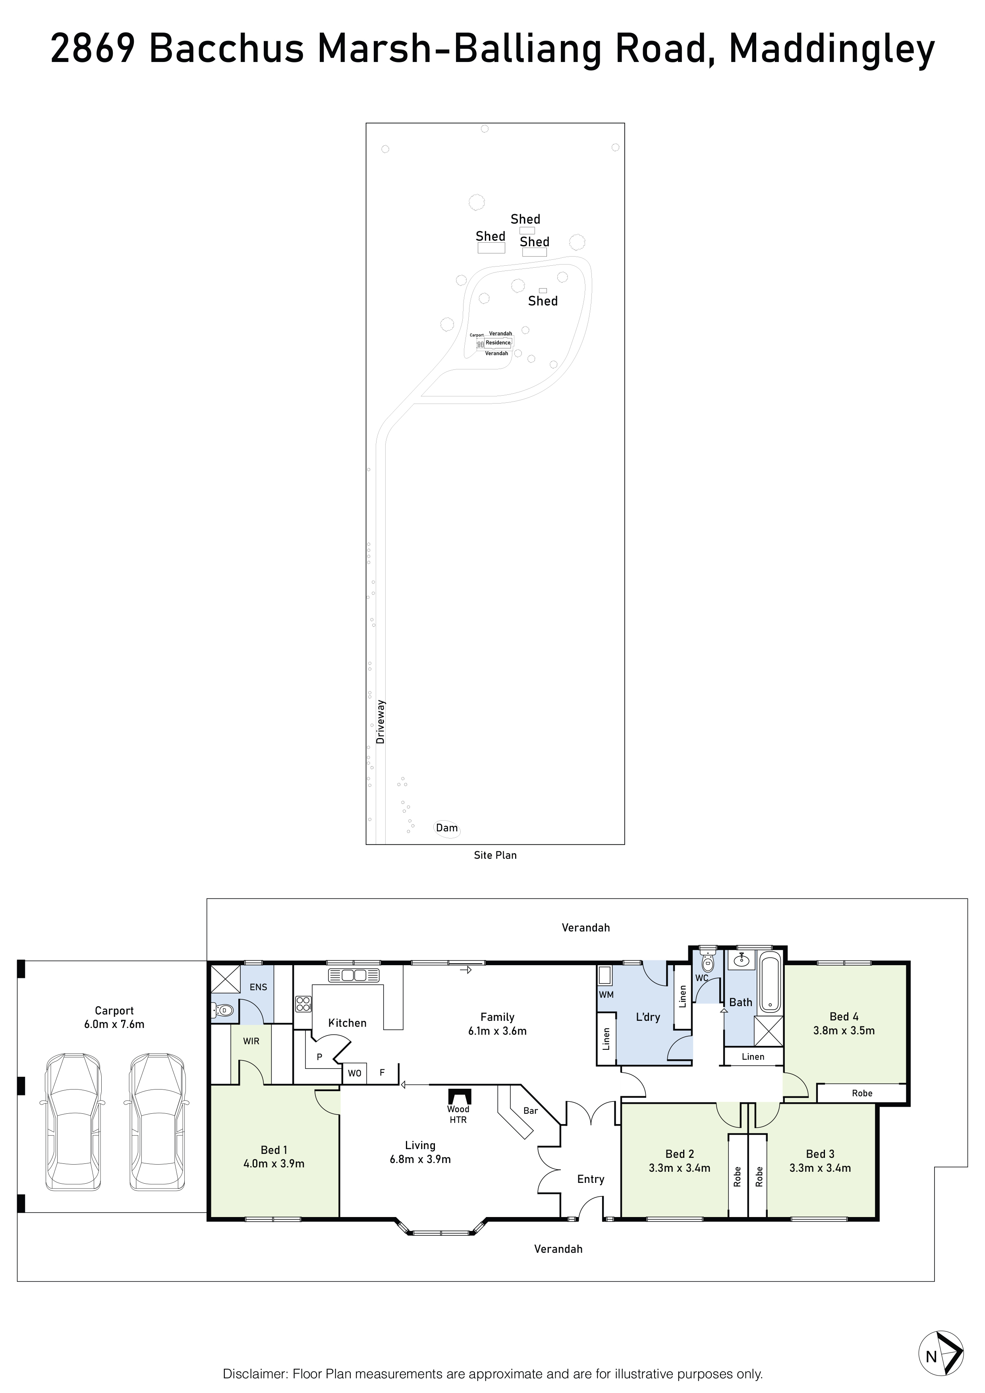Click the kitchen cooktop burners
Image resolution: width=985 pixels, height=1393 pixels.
(303, 1004)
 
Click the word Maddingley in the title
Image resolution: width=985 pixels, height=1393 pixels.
(832, 51)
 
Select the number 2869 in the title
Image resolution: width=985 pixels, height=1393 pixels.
(93, 48)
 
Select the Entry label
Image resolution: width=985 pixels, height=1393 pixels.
(590, 1179)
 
